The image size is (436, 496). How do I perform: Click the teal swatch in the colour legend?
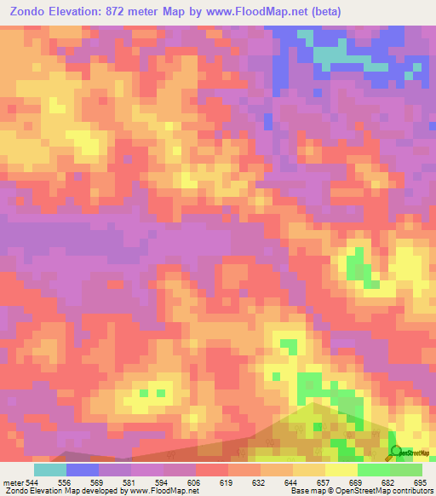click(x=50, y=470)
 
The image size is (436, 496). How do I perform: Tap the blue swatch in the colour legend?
click(x=83, y=470)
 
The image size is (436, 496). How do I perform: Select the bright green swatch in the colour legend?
click(x=374, y=470)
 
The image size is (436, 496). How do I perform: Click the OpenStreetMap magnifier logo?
click(x=395, y=452)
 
